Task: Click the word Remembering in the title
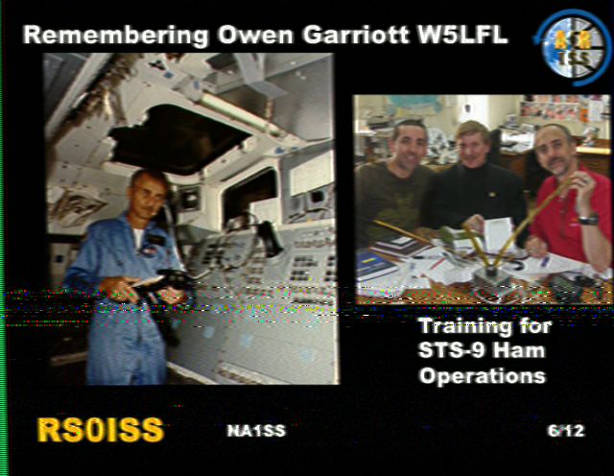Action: coord(115,36)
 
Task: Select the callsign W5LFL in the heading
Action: coord(462,35)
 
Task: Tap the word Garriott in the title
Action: coord(356,35)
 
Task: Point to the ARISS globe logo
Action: coord(573,47)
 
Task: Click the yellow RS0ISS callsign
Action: coord(100,430)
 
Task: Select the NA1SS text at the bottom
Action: coord(256,431)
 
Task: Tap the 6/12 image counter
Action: coord(566,431)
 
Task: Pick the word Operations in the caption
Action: coord(483,376)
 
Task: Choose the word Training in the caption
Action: coord(465,327)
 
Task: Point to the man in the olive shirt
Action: coord(395,184)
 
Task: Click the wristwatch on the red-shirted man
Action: coord(588,220)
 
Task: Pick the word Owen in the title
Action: coord(255,35)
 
